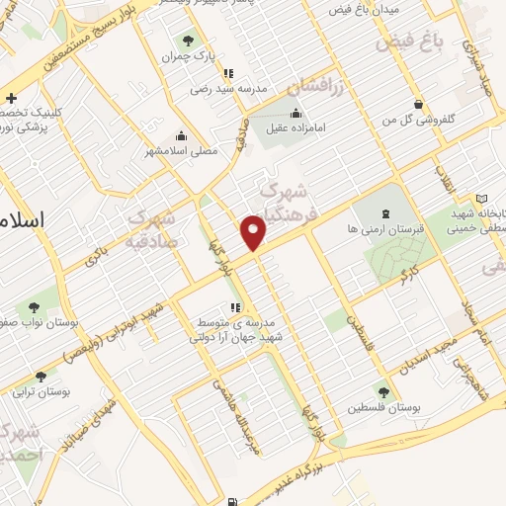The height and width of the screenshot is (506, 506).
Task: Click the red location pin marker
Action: pos(254,231)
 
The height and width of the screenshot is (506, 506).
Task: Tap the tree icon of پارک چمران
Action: pos(187,41)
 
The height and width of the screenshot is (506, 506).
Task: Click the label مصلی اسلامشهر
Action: pos(177,150)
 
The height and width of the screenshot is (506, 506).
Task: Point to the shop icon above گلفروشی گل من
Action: pos(420,103)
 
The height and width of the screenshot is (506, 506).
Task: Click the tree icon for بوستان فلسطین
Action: pos(382,393)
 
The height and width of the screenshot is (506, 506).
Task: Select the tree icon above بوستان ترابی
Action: pos(40,377)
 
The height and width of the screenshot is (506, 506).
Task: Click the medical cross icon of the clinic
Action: pos(11,98)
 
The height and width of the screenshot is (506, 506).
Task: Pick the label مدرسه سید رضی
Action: pos(228,87)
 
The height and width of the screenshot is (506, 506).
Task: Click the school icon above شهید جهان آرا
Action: pos(235,307)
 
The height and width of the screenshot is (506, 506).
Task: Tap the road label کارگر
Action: pos(408,273)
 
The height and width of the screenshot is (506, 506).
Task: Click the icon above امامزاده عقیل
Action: pos(295,114)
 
